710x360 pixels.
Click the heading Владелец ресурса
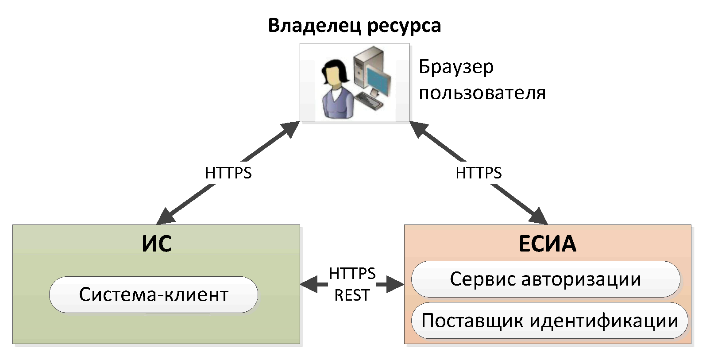tap(355, 25)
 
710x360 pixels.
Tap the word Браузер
tap(456, 67)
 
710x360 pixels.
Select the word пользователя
tap(482, 93)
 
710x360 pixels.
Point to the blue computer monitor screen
tap(379, 79)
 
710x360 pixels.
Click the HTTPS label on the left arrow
tap(228, 173)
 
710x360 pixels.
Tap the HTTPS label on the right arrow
tap(478, 173)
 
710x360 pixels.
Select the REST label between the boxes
tap(352, 295)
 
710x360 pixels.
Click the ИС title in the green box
tap(156, 244)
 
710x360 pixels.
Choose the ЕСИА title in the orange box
tap(547, 244)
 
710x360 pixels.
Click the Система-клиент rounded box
tap(154, 294)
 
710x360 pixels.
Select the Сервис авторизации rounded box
tap(545, 279)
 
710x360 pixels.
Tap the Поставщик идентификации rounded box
tap(549, 321)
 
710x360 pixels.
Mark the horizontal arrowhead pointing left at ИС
tap(308, 284)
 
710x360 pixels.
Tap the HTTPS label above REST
tap(352, 274)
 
